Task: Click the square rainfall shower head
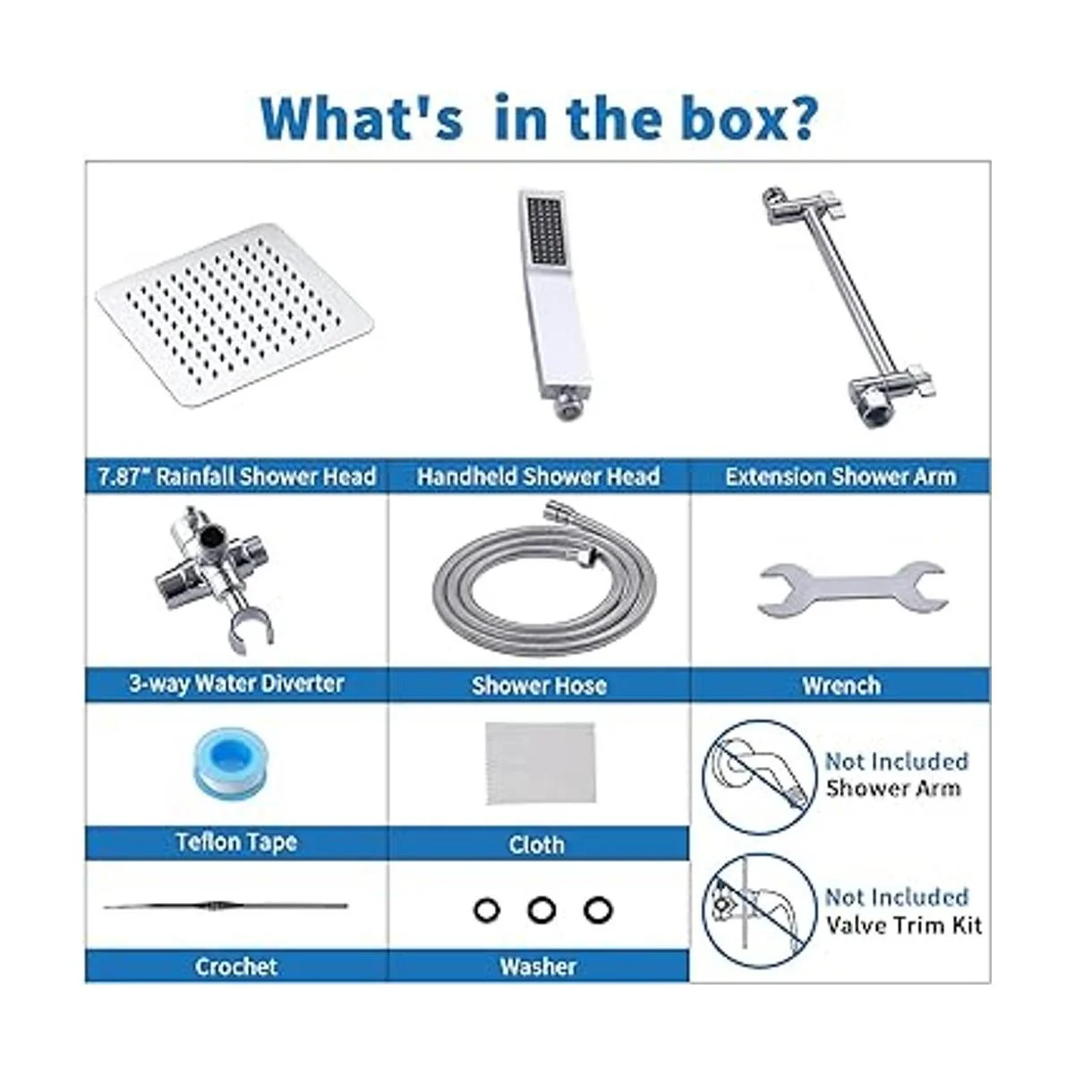pos(234,314)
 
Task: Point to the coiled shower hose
pos(543,580)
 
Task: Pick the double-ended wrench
pos(853,590)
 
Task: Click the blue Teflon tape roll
pos(230,761)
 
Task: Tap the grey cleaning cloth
pos(540,763)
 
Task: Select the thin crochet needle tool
pos(226,906)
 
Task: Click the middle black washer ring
pos(541,910)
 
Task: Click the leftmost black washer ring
pos(487,910)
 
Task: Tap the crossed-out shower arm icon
pos(759,777)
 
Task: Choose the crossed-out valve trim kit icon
pos(759,911)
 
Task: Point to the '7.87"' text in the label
pos(123,476)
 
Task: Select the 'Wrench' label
pos(841,685)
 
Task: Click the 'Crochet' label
pos(236,967)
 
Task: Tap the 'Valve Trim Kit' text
pos(903,925)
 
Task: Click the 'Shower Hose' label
pos(539,686)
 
